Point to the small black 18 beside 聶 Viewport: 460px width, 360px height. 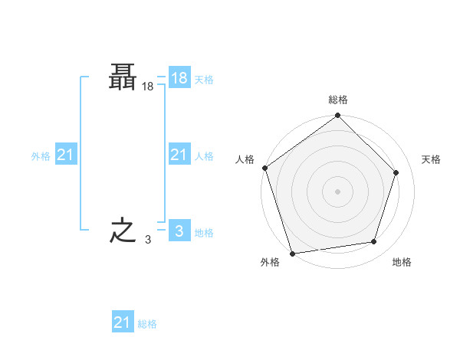pos(147,87)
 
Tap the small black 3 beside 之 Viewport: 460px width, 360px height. pos(147,240)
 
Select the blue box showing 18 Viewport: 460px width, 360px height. pos(179,77)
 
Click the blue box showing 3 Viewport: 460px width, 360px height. pos(179,231)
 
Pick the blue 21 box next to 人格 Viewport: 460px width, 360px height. pos(179,155)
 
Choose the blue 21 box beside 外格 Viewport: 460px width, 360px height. pos(65,155)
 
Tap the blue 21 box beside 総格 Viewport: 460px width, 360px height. pos(122,322)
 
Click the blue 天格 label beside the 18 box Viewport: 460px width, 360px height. pos(204,80)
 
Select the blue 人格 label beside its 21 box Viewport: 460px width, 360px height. pos(204,156)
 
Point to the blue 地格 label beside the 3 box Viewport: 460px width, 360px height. pos(204,233)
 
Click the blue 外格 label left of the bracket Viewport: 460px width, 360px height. pos(41,156)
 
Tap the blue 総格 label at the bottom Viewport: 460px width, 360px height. pos(147,325)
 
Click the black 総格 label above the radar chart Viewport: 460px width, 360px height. pos(337,100)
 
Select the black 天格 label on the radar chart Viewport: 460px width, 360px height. pos(431,159)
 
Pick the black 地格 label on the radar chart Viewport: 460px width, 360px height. pos(402,263)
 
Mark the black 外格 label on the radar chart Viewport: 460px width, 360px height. pos(270,263)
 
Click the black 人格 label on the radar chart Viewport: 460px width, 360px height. pos(245,159)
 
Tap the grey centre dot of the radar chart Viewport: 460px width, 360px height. pos(337,191)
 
